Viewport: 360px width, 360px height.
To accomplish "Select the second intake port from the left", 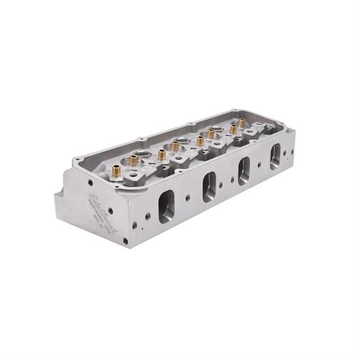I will [209, 187].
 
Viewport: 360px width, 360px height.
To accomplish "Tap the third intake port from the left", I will [244, 170].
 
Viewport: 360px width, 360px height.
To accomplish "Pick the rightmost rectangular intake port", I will [275, 156].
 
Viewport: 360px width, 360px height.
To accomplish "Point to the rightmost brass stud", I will [241, 122].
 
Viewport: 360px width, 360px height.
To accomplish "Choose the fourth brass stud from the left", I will [175, 145].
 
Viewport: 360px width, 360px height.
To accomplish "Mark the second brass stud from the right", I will [233, 129].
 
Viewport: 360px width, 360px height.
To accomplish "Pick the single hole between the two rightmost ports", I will [260, 164].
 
